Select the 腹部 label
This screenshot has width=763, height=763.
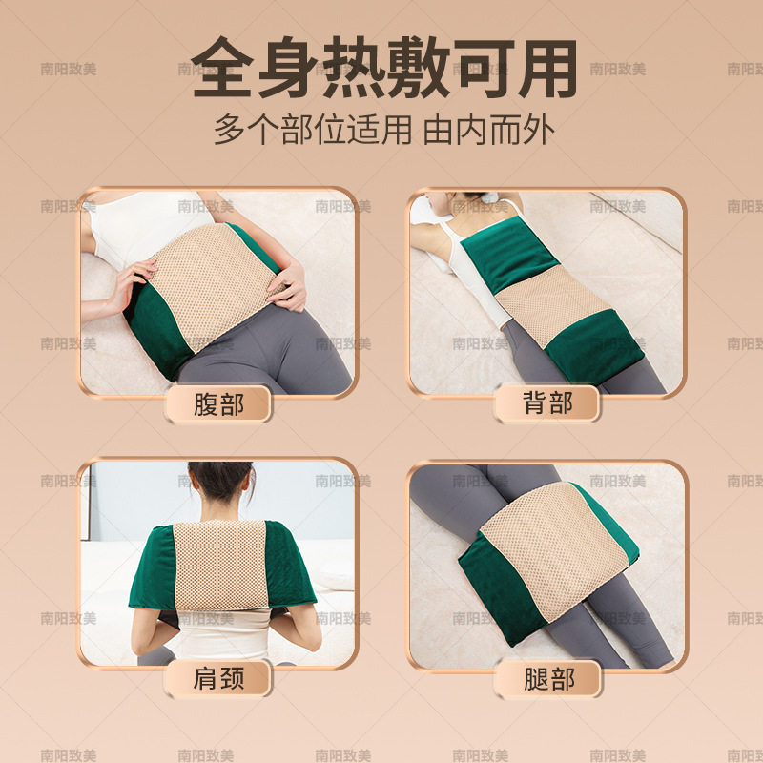pyautogui.click(x=218, y=404)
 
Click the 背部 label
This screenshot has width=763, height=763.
pyautogui.click(x=547, y=404)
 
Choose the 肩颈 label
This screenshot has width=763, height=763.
pyautogui.click(x=218, y=679)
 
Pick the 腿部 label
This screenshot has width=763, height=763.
pyautogui.click(x=547, y=679)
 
